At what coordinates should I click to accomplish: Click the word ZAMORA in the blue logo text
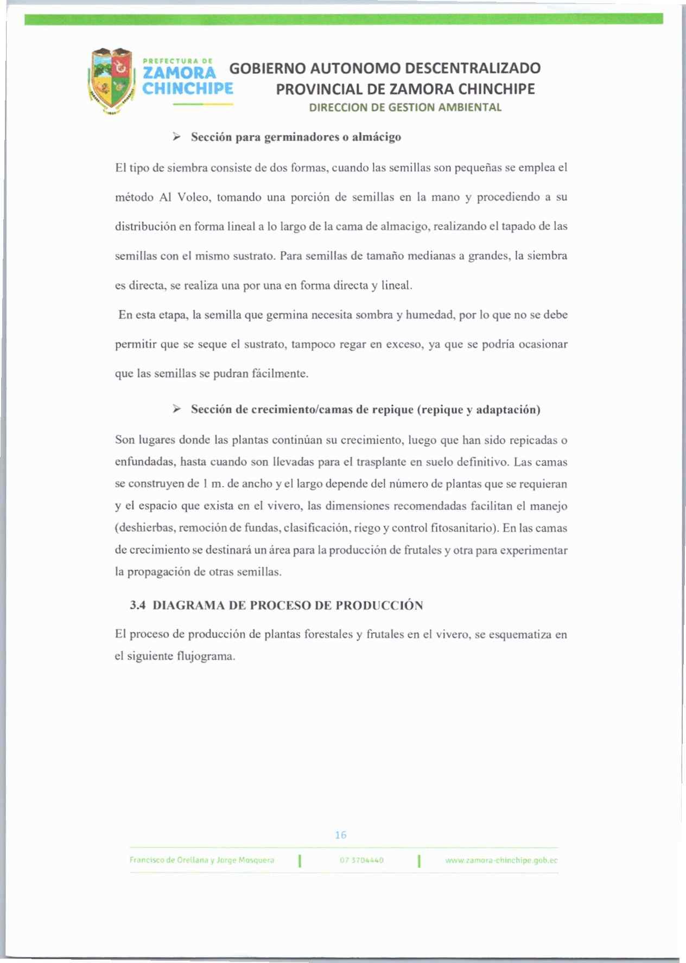click(x=179, y=73)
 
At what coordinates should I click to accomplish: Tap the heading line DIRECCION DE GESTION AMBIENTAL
click(x=405, y=107)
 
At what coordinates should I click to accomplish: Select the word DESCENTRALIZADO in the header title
click(x=473, y=68)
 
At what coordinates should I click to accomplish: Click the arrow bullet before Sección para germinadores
click(x=176, y=137)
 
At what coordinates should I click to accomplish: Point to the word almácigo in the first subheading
click(x=377, y=137)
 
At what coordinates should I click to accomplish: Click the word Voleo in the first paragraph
click(x=193, y=197)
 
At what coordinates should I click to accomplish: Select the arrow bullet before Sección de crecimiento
click(x=176, y=409)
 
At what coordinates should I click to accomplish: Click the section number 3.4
click(x=138, y=605)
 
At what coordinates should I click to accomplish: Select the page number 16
click(x=341, y=835)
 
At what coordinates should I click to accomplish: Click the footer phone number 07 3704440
click(x=361, y=860)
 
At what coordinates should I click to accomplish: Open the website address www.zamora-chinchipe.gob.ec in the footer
click(x=501, y=860)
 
